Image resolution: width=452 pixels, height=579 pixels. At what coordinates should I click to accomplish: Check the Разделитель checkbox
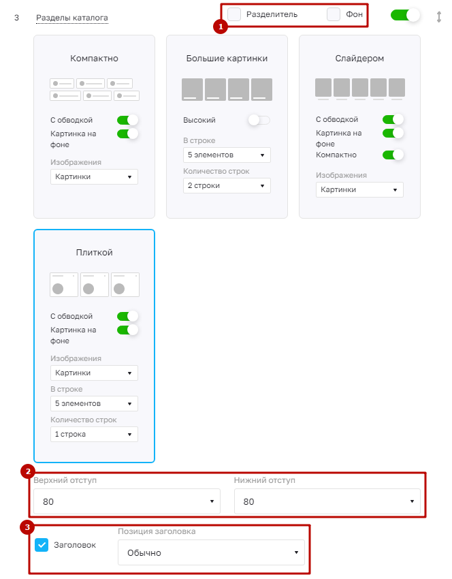[234, 14]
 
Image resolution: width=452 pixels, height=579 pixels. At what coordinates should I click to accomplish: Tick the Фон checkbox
[334, 14]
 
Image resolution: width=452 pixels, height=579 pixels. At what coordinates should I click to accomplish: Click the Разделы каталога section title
[72, 18]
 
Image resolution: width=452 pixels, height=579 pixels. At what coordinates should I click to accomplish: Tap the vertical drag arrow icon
[438, 17]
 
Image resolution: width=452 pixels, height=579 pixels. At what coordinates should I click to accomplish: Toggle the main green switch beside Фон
[405, 15]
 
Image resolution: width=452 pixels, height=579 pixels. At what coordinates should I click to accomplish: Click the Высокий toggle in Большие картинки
[259, 120]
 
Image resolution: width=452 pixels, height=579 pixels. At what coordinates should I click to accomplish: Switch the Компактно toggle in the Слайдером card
[393, 155]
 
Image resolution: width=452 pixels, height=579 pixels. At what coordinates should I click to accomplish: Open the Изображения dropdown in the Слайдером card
[359, 190]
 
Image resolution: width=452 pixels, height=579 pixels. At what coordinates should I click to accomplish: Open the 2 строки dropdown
[227, 186]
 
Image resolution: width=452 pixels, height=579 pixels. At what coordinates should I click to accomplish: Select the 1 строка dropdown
[94, 435]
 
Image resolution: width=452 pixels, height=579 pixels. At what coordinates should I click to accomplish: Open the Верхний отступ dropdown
[127, 501]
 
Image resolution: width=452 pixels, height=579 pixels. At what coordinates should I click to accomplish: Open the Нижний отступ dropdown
[327, 501]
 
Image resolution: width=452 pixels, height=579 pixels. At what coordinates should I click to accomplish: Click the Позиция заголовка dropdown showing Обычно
[212, 552]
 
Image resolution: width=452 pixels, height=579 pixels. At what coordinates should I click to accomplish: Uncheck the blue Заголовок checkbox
[42, 545]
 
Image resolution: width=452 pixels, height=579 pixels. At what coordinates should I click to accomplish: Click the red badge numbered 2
[28, 471]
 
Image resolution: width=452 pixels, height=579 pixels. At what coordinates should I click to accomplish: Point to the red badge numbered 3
[27, 527]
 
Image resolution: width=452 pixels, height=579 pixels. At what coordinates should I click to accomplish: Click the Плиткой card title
[94, 253]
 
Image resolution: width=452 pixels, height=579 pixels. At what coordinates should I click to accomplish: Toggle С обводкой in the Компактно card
[127, 120]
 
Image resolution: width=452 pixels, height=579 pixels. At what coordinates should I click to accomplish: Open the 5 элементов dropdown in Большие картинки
[227, 155]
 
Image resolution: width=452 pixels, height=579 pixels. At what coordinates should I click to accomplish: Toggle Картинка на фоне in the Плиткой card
[127, 330]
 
